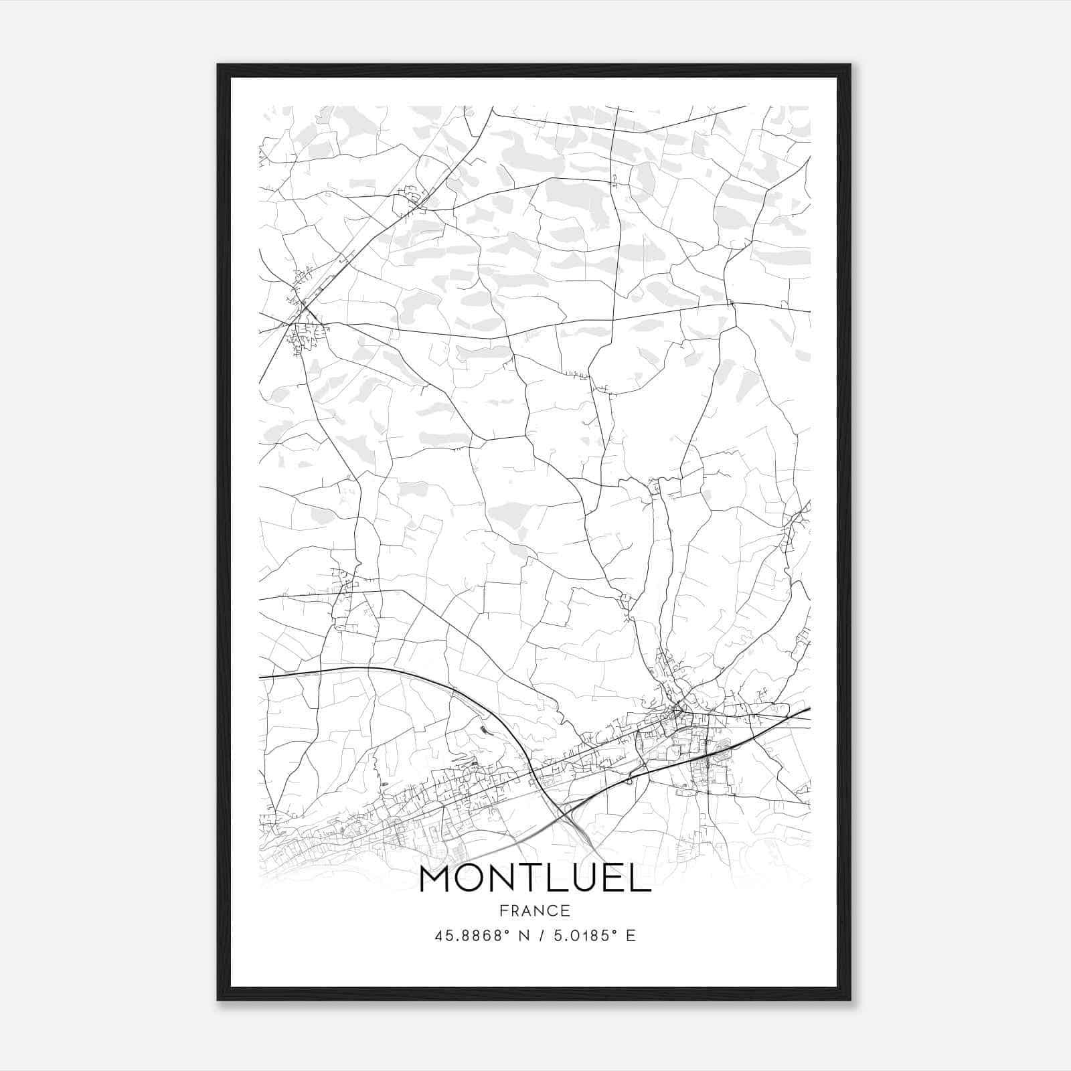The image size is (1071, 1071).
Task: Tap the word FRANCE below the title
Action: pos(535,910)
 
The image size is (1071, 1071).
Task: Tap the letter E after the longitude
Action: pos(630,936)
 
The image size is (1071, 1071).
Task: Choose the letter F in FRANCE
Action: pos(503,910)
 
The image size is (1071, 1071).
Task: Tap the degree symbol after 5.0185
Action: pos(610,931)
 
